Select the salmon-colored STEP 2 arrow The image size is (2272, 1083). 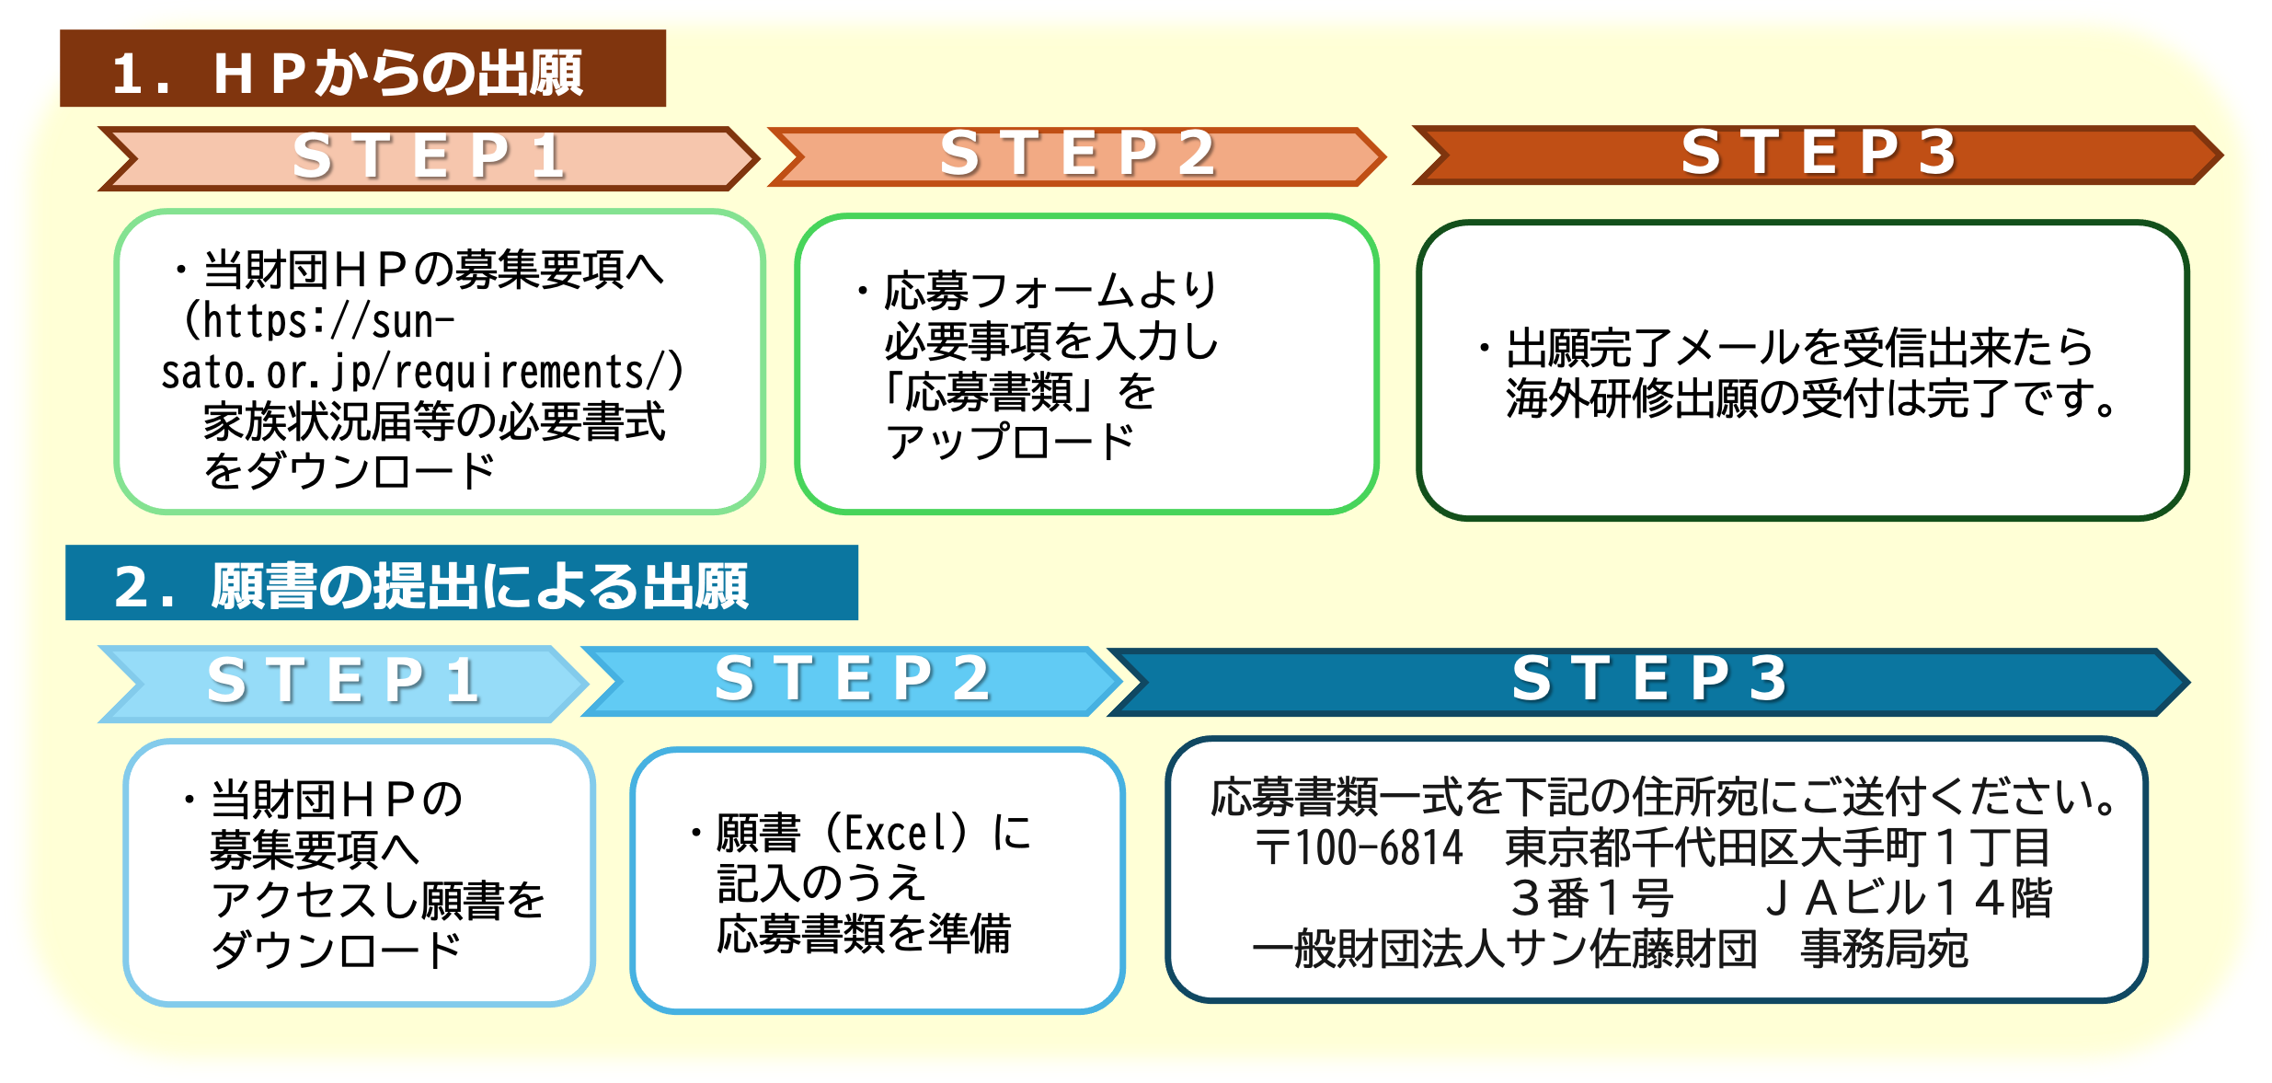pyautogui.click(x=1076, y=156)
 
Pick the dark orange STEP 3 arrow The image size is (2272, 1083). pyautogui.click(x=1817, y=154)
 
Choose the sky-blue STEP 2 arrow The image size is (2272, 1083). pyautogui.click(x=852, y=681)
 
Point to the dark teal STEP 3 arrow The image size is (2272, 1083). pyautogui.click(x=1648, y=681)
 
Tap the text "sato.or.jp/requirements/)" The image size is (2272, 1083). pyautogui.click(x=422, y=373)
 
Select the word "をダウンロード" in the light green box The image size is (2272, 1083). pyautogui.click(x=349, y=472)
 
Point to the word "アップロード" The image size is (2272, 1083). pyautogui.click(x=1009, y=443)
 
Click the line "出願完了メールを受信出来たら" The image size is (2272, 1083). pyautogui.click(x=1799, y=349)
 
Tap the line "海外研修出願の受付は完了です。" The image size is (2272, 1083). pyautogui.click(x=1812, y=399)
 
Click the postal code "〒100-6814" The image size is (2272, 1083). pyautogui.click(x=1359, y=847)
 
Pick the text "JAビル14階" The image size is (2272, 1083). pyautogui.click(x=1908, y=899)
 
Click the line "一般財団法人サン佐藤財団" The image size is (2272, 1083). pyautogui.click(x=1505, y=950)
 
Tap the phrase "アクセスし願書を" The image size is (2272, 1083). pyautogui.click(x=378, y=900)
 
